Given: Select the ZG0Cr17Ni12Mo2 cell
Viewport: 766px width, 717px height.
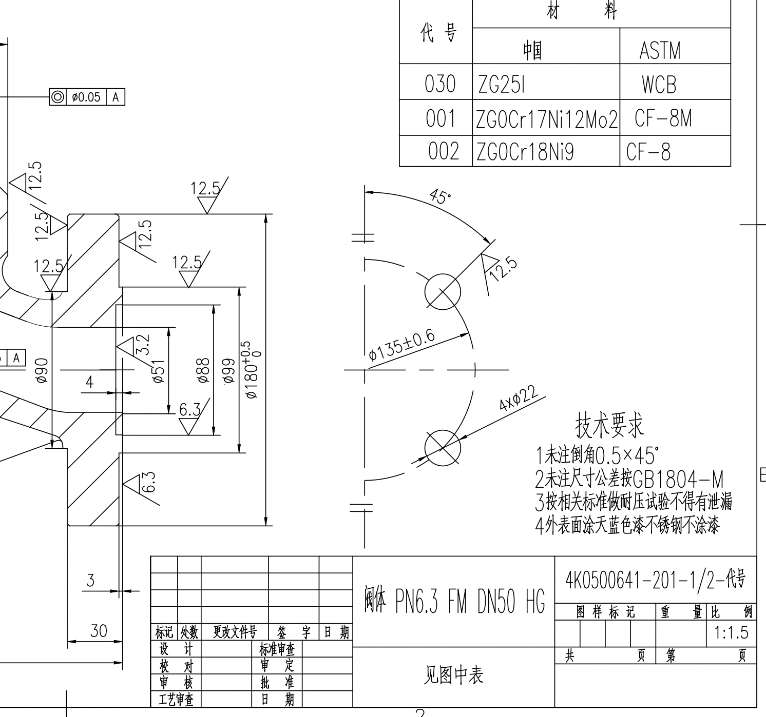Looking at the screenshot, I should [546, 120].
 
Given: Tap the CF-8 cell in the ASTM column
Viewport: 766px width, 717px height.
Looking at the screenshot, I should [648, 152].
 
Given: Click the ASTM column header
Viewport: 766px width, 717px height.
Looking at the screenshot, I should [660, 50].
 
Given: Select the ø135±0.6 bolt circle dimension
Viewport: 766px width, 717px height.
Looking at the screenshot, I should [402, 346].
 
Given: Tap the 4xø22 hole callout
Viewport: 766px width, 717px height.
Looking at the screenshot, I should [519, 398].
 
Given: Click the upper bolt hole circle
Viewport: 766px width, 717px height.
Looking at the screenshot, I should [443, 291].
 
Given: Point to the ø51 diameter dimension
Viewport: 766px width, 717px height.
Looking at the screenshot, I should [159, 370].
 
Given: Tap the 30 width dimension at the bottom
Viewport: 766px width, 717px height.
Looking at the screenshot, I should [98, 630].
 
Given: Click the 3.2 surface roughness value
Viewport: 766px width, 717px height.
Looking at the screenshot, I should [143, 344].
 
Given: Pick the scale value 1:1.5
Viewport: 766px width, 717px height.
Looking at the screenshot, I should [732, 633].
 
